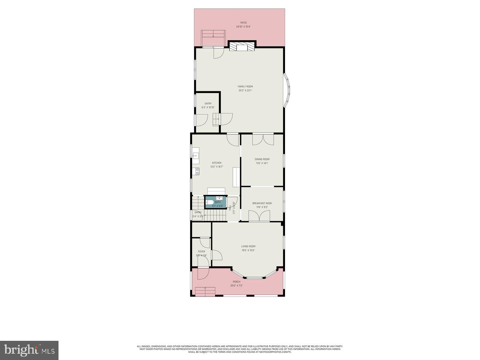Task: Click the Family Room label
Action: click(x=245, y=87)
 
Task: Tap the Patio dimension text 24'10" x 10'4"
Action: click(x=243, y=27)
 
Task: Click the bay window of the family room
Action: click(x=287, y=90)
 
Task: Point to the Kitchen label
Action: click(x=217, y=163)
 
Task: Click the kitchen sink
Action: click(x=196, y=156)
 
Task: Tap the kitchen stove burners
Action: click(x=197, y=171)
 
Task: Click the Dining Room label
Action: click(x=262, y=159)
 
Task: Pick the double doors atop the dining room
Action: click(x=263, y=139)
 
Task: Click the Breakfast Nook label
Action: click(x=262, y=203)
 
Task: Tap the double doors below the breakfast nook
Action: click(x=259, y=217)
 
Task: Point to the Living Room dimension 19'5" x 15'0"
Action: click(x=248, y=250)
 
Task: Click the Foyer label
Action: click(x=202, y=251)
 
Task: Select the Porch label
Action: click(x=236, y=282)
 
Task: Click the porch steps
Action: click(x=205, y=291)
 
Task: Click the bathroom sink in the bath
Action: click(x=219, y=198)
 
